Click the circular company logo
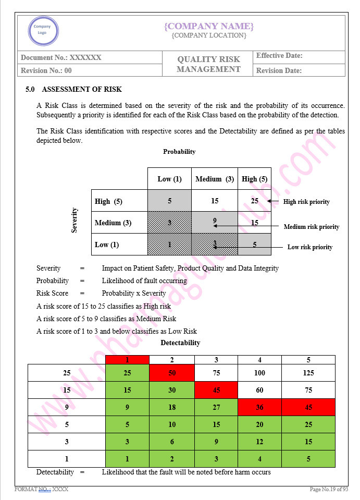click(43, 30)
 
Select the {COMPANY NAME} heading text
click(209, 26)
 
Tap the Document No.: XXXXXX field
click(61, 57)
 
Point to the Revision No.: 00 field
click(46, 70)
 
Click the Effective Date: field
click(279, 56)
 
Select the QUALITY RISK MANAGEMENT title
click(208, 64)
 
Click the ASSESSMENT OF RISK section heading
click(82, 89)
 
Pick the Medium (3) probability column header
click(215, 179)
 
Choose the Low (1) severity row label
click(107, 245)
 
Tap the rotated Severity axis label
click(75, 220)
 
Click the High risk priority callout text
click(306, 202)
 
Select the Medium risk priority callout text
click(312, 227)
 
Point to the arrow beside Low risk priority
click(250, 247)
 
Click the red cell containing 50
click(172, 373)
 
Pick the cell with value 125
click(308, 373)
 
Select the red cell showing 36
click(259, 407)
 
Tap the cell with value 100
click(259, 373)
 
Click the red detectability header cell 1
click(127, 360)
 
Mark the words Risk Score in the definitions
click(51, 293)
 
